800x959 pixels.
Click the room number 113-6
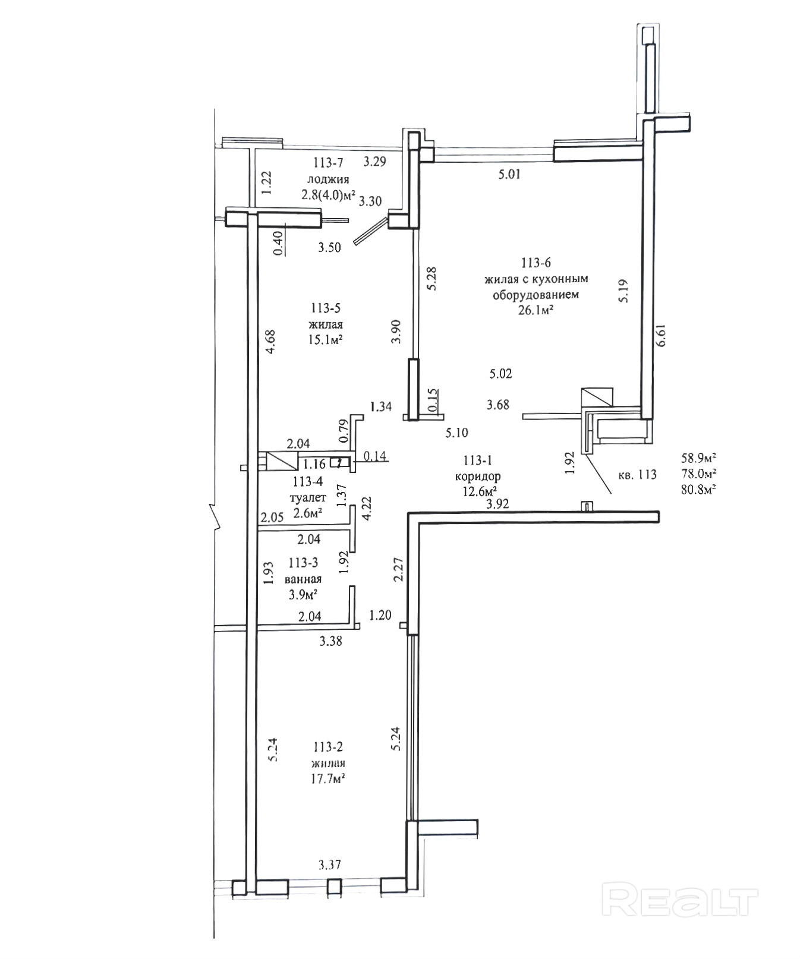[536, 263]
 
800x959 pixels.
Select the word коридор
[478, 476]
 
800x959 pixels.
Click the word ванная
[303, 579]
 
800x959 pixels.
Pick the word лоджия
[327, 179]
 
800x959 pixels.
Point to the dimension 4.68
[270, 343]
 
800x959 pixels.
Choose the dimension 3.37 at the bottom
[330, 864]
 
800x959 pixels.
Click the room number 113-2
[327, 747]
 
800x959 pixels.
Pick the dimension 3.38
[330, 641]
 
